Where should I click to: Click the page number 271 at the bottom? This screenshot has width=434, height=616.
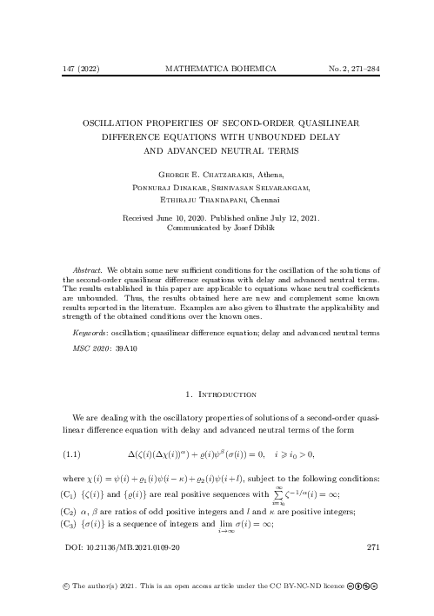pos(375,548)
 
